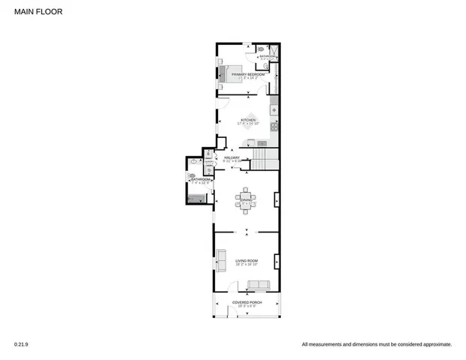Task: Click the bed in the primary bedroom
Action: (x=226, y=74)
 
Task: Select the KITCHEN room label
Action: (x=248, y=120)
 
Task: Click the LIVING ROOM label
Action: (x=246, y=260)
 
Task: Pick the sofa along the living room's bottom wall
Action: (x=259, y=285)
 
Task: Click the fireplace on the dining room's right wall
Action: (x=276, y=200)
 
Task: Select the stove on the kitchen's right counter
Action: (x=274, y=125)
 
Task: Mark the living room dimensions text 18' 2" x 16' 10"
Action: (x=246, y=265)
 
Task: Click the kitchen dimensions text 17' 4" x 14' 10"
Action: (x=248, y=124)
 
